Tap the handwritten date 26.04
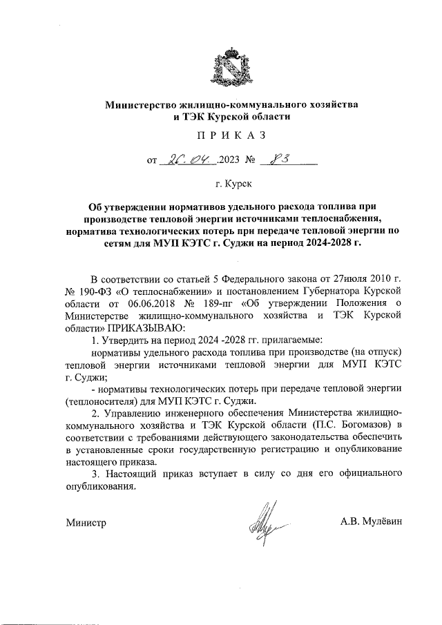[x=189, y=161]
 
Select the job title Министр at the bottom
[x=86, y=523]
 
